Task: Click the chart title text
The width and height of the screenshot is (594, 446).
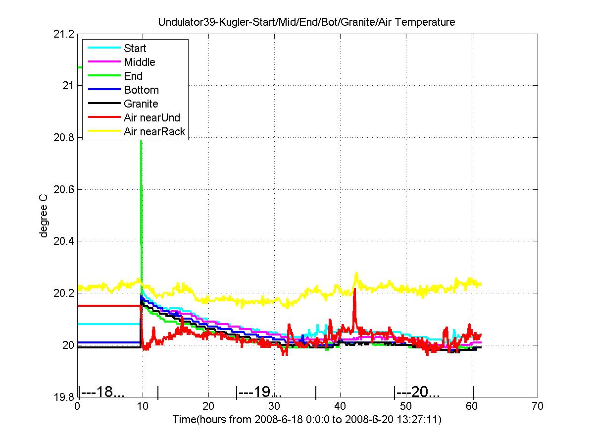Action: tap(306, 22)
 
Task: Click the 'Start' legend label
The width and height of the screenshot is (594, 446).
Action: tap(135, 48)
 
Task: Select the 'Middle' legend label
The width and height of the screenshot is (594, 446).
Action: tap(140, 62)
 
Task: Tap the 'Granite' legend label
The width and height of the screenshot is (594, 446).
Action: tap(141, 104)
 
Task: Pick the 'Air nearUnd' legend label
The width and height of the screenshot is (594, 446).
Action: tap(152, 117)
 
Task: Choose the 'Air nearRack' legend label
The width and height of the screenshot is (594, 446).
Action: tap(154, 132)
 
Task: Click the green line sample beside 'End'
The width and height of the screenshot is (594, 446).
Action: tap(104, 75)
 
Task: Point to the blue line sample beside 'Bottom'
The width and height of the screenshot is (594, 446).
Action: tap(104, 89)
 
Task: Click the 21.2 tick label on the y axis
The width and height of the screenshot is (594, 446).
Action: tap(63, 34)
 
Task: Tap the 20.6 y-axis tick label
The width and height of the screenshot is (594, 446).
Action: tap(63, 189)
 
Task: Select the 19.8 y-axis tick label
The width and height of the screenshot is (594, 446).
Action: tap(63, 397)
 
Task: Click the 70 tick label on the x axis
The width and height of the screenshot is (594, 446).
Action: tap(538, 406)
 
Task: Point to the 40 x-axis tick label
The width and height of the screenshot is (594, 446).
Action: tap(340, 406)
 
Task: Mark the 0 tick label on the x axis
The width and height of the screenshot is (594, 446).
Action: tap(77, 406)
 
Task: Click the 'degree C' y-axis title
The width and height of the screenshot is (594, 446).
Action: tap(43, 216)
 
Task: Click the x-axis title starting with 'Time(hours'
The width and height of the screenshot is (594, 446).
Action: tap(307, 419)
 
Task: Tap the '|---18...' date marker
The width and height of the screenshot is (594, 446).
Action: tap(101, 392)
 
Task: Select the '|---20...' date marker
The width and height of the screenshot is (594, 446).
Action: tap(417, 392)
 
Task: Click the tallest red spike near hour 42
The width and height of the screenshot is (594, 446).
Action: tap(354, 289)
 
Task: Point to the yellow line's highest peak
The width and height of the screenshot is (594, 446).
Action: tap(356, 273)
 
